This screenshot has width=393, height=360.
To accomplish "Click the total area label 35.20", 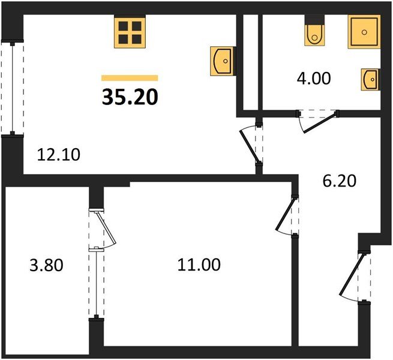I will (x=130, y=97).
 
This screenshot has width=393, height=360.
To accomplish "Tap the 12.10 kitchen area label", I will (x=59, y=154).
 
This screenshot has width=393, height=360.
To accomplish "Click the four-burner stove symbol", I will (x=130, y=33).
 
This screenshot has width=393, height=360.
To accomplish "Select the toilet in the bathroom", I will (x=314, y=34).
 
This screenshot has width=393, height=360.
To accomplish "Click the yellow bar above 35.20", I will (x=130, y=77).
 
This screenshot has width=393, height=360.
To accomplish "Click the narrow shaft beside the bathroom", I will (x=250, y=60).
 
